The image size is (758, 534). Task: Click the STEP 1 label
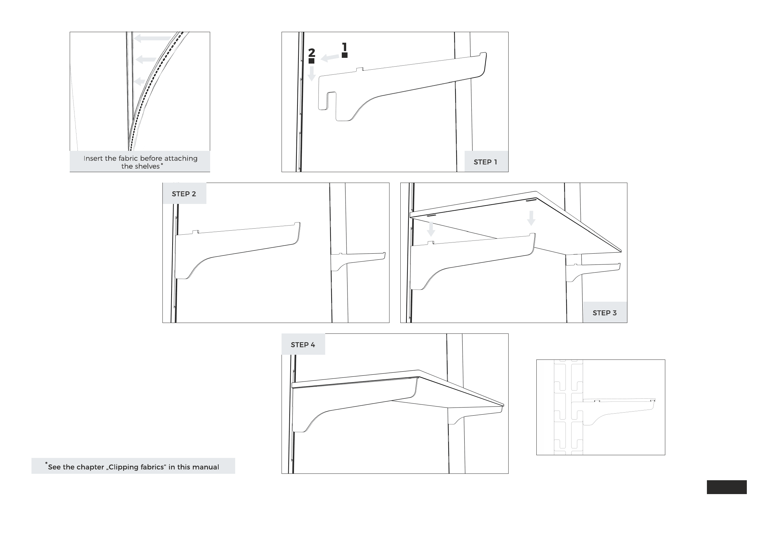(485, 162)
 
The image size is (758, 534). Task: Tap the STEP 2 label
(184, 194)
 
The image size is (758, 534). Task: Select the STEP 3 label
(604, 313)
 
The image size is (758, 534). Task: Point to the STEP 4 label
(303, 345)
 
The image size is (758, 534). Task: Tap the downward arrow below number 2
(312, 73)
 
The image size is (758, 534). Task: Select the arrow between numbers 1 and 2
(330, 58)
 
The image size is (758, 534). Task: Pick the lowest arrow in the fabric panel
(139, 82)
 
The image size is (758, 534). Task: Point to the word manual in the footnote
(206, 467)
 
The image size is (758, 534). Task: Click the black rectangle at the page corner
(727, 487)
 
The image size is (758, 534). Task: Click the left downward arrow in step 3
(431, 229)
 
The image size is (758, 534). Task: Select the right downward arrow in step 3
(531, 218)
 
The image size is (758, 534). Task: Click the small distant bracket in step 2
(358, 261)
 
